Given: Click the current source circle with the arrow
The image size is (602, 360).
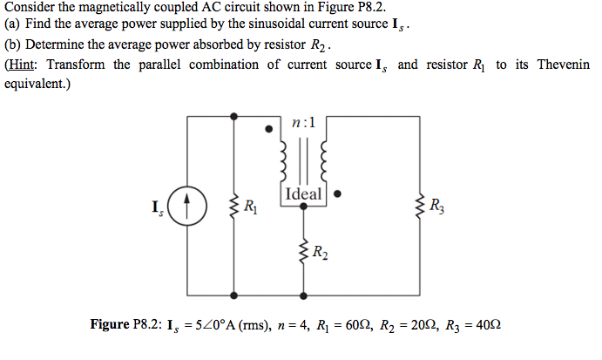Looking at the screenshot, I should tap(188, 208).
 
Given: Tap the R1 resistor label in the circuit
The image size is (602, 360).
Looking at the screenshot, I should tap(250, 207).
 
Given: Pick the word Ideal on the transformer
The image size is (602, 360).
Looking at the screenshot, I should tap(302, 194).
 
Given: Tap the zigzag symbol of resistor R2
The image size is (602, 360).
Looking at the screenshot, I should tap(303, 252).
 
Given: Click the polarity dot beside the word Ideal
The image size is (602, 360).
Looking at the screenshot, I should tap(337, 194).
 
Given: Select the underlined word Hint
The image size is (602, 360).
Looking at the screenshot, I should tap(24, 65).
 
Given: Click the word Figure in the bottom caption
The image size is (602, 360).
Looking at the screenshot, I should tap(111, 324).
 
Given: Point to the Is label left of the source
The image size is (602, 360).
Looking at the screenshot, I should tap(155, 208).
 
